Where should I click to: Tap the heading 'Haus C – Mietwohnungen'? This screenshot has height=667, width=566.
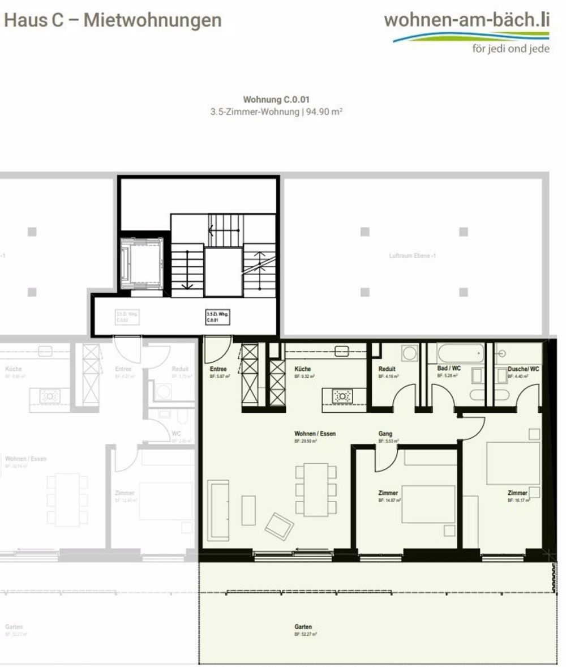point(113,20)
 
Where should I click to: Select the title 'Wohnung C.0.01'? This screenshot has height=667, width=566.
point(276,100)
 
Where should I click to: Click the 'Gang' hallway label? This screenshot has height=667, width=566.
point(385,434)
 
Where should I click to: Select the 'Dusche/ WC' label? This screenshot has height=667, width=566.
point(523,369)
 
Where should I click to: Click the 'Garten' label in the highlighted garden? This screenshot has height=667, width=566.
point(303,627)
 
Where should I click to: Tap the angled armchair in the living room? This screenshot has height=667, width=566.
point(280,527)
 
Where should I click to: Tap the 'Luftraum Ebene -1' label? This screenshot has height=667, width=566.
point(413,256)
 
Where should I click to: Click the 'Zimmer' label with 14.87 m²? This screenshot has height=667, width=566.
point(388,493)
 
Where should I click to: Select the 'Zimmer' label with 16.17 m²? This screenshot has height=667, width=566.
point(517,493)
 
